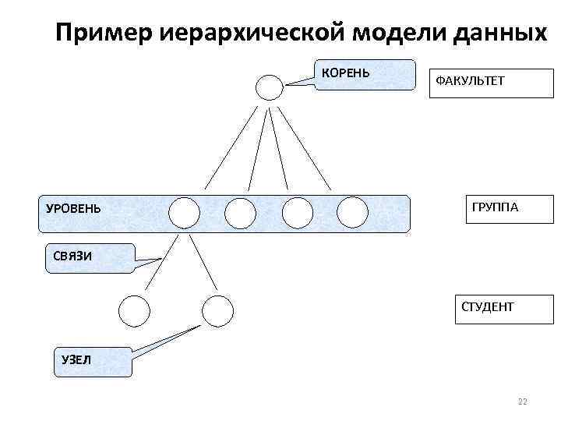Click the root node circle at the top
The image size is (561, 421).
coord(270,87)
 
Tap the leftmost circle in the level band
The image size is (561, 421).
coord(185,212)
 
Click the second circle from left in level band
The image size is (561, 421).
coord(240,212)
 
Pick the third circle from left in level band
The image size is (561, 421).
coord(297,212)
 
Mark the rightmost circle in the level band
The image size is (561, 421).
coord(352,212)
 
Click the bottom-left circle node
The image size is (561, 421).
coord(134,311)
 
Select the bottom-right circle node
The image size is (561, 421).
coord(217,311)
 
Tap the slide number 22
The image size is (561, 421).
coord(522,402)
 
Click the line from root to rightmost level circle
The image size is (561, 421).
coord(305,148)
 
